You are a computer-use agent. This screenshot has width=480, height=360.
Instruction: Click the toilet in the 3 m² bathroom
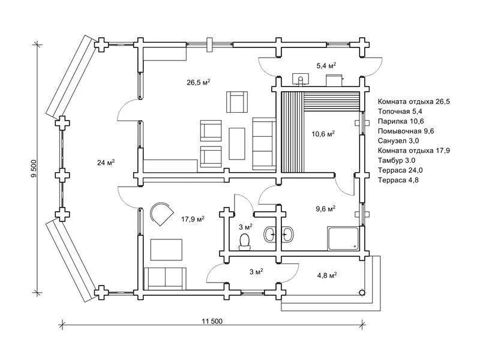point(245,242)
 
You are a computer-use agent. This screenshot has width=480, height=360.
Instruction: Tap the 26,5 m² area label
point(199,82)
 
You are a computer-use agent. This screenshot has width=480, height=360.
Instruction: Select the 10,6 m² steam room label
point(323,134)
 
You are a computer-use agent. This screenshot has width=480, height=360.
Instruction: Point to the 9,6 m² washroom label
point(326,209)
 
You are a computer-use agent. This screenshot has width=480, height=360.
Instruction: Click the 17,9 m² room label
point(193,219)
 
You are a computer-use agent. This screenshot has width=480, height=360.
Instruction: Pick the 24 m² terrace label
point(106,163)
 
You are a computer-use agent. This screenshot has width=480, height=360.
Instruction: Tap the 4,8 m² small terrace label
point(327,275)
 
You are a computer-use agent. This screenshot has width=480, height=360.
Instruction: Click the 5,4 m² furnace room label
point(326,65)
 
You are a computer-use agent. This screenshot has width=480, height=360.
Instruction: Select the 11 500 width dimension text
point(212,321)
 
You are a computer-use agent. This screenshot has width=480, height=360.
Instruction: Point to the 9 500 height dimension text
point(34,169)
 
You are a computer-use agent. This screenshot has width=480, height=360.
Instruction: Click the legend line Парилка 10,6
point(401,121)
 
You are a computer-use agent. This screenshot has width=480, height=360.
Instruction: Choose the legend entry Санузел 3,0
point(398,141)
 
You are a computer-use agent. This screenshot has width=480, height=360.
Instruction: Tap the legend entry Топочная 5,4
point(400,112)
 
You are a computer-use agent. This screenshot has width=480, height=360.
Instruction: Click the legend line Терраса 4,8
point(398,180)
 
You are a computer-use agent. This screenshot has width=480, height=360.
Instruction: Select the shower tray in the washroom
point(343,238)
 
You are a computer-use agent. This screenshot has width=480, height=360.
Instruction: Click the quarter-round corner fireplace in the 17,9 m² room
point(161,214)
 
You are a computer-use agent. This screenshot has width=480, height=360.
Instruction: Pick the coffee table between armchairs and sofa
point(237,143)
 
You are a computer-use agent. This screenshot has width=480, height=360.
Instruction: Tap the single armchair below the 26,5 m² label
point(237,102)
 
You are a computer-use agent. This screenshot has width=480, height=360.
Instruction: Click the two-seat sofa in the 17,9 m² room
point(164,278)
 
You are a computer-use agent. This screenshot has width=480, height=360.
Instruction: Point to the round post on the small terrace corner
point(362,293)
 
